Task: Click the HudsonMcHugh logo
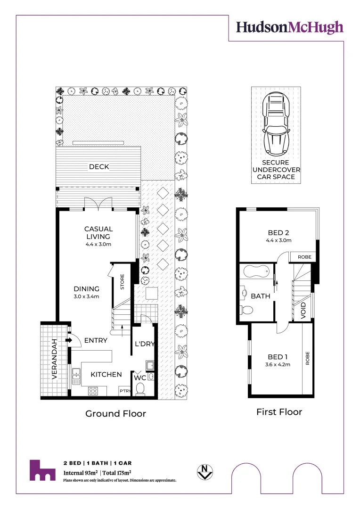(289, 27)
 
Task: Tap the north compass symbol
(205, 471)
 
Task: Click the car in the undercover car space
(276, 123)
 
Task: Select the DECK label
(99, 166)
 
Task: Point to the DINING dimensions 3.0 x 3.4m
(86, 297)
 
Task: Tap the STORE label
(122, 282)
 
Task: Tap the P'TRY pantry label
(124, 391)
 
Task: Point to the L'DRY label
(145, 344)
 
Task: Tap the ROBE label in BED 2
(303, 257)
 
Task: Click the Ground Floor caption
(115, 413)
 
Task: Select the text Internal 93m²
(81, 473)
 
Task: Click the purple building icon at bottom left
(42, 470)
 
